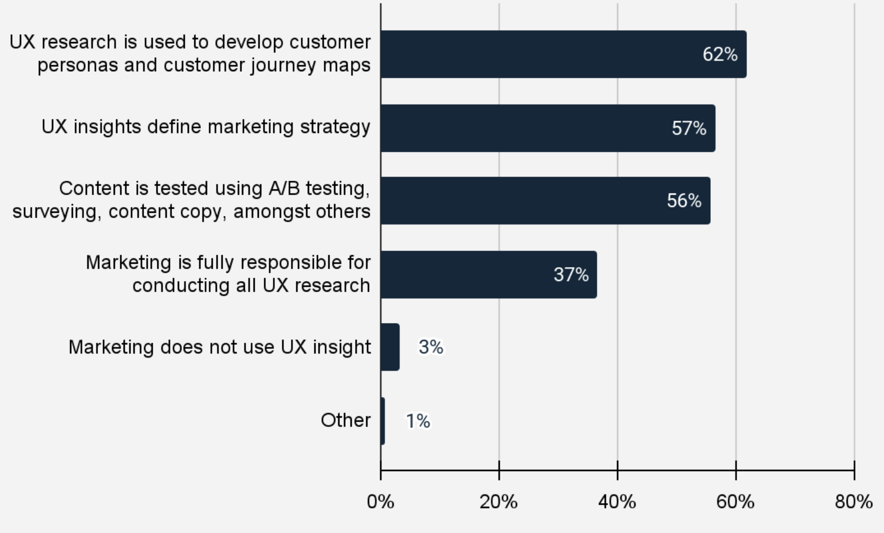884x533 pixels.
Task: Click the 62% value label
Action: pyautogui.click(x=720, y=54)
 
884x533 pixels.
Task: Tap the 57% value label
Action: pyautogui.click(x=689, y=128)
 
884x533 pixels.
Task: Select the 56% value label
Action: pyautogui.click(x=684, y=201)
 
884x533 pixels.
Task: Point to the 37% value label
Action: pyautogui.click(x=571, y=275)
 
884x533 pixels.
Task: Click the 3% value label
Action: pyautogui.click(x=431, y=348)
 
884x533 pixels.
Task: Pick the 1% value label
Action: pyautogui.click(x=418, y=421)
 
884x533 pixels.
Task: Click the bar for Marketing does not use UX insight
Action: pyautogui.click(x=390, y=347)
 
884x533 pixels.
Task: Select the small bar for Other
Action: pyautogui.click(x=383, y=421)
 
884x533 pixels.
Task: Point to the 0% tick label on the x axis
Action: pyautogui.click(x=380, y=502)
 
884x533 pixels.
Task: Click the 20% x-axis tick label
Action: pyautogui.click(x=499, y=502)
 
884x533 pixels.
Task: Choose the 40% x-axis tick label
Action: pyautogui.click(x=617, y=502)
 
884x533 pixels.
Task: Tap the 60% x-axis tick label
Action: pyautogui.click(x=735, y=502)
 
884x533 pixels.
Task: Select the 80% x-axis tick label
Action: pyautogui.click(x=854, y=502)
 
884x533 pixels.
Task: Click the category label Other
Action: pyautogui.click(x=345, y=420)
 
